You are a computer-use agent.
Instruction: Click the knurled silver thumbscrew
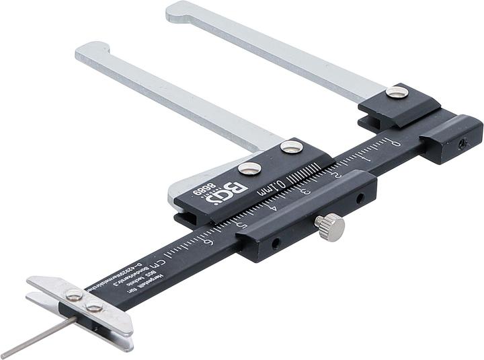click(x=330, y=227)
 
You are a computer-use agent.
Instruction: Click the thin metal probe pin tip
click(x=5, y=355)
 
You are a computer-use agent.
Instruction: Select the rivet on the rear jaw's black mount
click(x=397, y=93)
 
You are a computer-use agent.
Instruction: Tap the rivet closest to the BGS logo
click(x=249, y=168)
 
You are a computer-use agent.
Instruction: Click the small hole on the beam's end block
click(x=460, y=143)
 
